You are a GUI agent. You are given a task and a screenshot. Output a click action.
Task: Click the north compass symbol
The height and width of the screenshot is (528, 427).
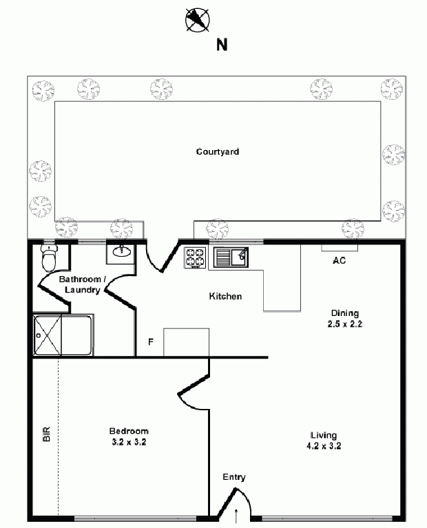[x=198, y=20]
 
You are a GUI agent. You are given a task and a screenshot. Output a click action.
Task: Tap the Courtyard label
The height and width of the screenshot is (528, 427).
[x=218, y=151]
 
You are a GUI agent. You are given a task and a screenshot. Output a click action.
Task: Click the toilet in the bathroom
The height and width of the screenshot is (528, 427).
[x=49, y=257]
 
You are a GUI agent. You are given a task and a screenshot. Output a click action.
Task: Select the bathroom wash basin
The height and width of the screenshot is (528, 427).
[x=121, y=251]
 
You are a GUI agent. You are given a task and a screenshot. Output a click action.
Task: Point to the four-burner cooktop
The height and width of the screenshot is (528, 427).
[x=195, y=258]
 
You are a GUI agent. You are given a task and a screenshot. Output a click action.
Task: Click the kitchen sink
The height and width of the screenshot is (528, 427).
[x=231, y=257]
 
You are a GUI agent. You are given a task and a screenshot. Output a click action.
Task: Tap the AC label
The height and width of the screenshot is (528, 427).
[x=339, y=260]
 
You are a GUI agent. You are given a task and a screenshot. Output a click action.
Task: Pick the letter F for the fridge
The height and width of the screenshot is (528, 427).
[x=151, y=341]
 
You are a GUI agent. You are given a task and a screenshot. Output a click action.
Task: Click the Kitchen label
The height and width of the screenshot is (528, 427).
[x=225, y=296]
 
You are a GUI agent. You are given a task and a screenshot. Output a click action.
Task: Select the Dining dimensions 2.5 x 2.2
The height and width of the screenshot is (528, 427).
[x=345, y=324]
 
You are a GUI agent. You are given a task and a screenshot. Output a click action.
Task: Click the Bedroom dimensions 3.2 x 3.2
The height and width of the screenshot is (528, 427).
[x=129, y=442]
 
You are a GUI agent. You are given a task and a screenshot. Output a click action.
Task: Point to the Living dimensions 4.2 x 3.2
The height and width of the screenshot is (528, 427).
[x=324, y=446]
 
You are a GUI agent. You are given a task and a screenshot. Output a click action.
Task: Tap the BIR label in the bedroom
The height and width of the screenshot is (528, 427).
[x=47, y=434]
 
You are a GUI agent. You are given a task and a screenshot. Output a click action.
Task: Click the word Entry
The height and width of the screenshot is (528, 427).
[x=234, y=477]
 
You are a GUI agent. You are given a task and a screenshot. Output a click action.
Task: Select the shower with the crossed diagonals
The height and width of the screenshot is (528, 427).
[x=48, y=335]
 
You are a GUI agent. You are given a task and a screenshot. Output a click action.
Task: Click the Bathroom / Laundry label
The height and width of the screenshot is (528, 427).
[x=83, y=284]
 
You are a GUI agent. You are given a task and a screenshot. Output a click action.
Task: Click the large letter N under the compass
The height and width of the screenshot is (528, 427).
[x=222, y=45]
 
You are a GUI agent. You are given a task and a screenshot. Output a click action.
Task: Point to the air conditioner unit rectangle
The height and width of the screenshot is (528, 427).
[x=340, y=248]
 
